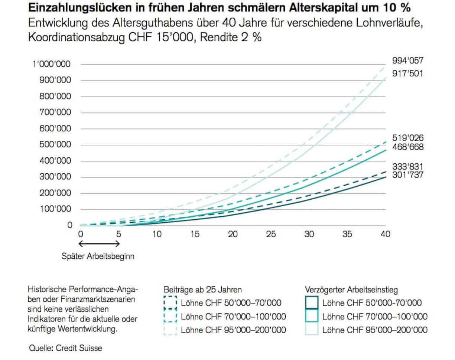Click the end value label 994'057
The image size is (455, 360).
point(408,61)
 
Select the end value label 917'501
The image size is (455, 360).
point(408,73)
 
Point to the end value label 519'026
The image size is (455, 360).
point(408,138)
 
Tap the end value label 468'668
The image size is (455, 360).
point(408,147)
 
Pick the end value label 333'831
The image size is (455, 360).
point(408,167)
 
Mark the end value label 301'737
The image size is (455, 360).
point(408,176)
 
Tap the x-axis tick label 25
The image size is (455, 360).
point(271,234)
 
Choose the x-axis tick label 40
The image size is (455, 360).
point(385,234)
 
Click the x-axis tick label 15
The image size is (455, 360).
point(195,234)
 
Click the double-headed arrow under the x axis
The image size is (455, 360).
point(100,244)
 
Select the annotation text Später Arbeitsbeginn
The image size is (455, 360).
point(98,256)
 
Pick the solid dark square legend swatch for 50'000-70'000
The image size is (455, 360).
point(312,303)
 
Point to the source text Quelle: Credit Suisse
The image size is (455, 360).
point(65,348)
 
